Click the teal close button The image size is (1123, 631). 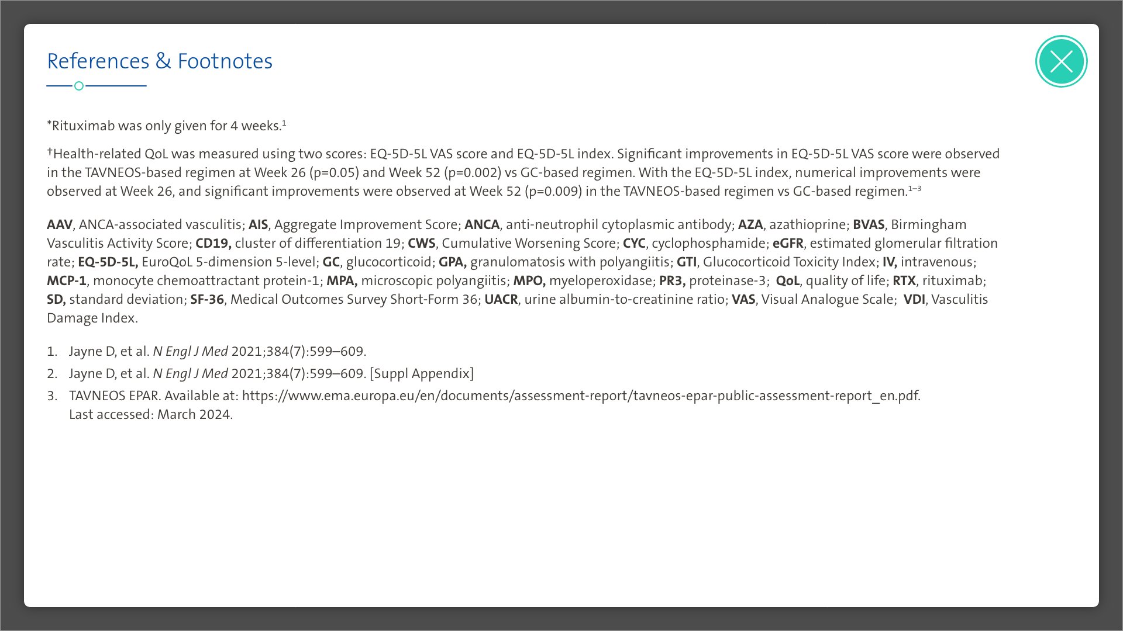pyautogui.click(x=1061, y=61)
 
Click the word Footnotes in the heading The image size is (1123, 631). pyautogui.click(x=225, y=61)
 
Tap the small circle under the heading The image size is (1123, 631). pyautogui.click(x=79, y=86)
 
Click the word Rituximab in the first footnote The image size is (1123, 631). pyautogui.click(x=82, y=126)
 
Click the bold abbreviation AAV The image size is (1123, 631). pyautogui.click(x=60, y=224)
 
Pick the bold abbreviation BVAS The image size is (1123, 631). pyautogui.click(x=869, y=224)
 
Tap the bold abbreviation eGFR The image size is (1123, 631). pyautogui.click(x=788, y=243)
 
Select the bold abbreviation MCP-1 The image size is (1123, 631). pyautogui.click(x=67, y=280)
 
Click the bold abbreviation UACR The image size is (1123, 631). pyautogui.click(x=501, y=299)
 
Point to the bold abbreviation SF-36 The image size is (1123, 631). pyautogui.click(x=207, y=299)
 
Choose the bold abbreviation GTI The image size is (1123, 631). pyautogui.click(x=687, y=262)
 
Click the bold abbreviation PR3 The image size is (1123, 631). pyautogui.click(x=672, y=280)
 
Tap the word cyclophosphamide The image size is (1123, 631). pyautogui.click(x=708, y=243)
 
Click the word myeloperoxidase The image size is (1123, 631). pyautogui.click(x=601, y=280)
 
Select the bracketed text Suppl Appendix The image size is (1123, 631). pyautogui.click(x=422, y=373)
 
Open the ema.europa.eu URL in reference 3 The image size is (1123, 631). pyautogui.click(x=581, y=396)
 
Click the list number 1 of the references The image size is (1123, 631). pyautogui.click(x=52, y=351)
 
